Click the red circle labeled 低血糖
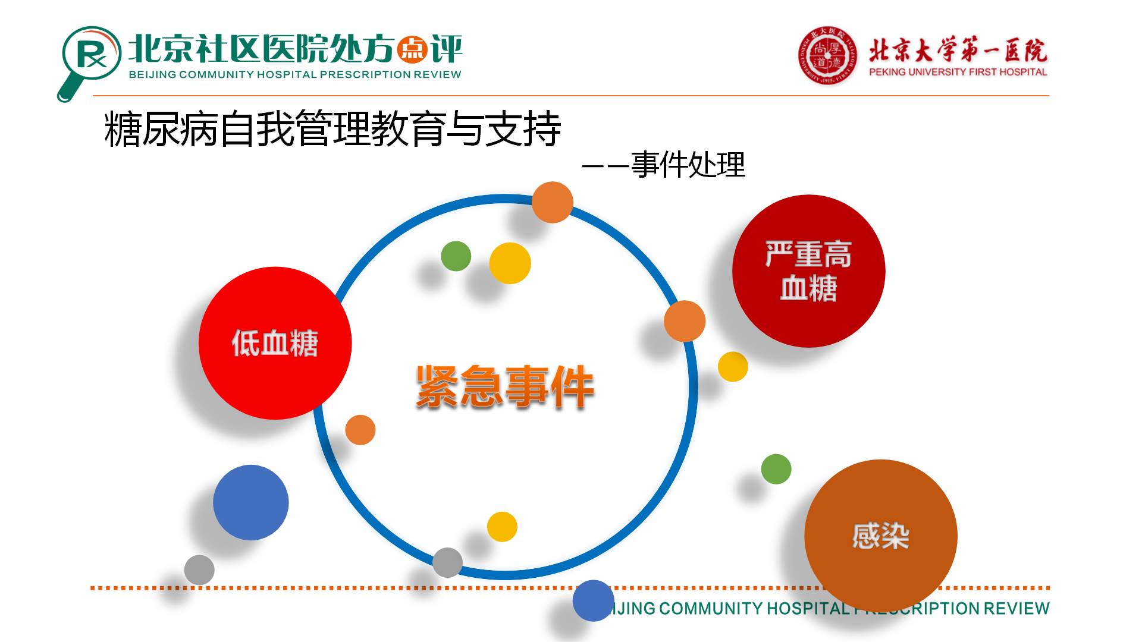(x=275, y=343)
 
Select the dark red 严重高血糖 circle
(x=808, y=271)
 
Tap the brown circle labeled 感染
(x=880, y=536)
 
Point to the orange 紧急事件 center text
(x=505, y=386)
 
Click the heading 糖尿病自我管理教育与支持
(x=332, y=128)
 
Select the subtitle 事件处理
(x=688, y=165)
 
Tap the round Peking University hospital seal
(x=827, y=55)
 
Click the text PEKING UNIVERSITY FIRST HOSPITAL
(x=958, y=72)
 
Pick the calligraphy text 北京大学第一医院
(x=958, y=51)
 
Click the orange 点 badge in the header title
(x=412, y=49)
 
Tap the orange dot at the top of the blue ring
(x=553, y=202)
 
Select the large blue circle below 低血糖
(x=251, y=502)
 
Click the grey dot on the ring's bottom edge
(x=447, y=562)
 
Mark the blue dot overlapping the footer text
(x=593, y=600)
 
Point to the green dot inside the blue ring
(x=456, y=256)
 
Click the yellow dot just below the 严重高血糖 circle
(x=733, y=366)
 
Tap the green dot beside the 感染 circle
(x=776, y=469)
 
